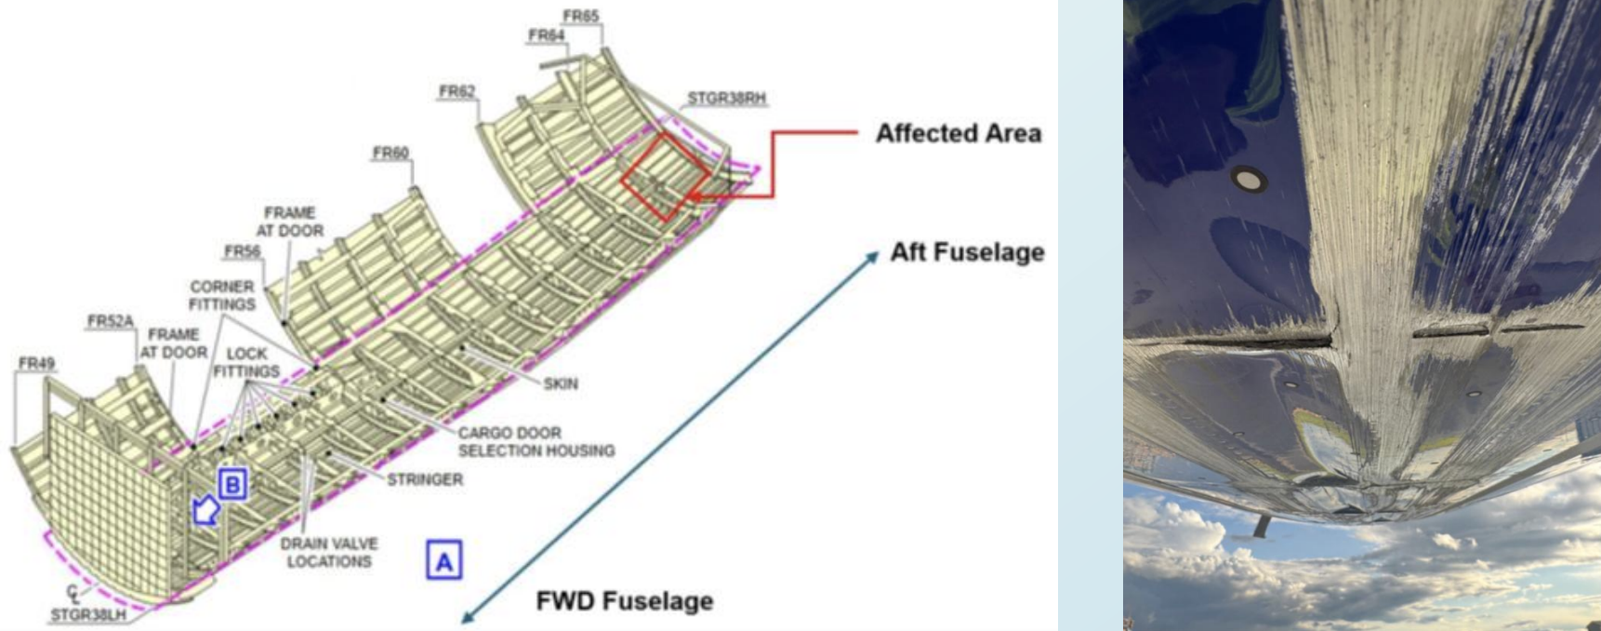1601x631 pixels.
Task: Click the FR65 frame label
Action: point(580,16)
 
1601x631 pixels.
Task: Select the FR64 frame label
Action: point(547,35)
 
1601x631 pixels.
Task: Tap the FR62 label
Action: point(456,91)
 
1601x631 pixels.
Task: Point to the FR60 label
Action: point(390,153)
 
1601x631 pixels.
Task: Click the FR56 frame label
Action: point(242,251)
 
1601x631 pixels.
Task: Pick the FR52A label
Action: point(111,321)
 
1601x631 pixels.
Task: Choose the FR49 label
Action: point(35,363)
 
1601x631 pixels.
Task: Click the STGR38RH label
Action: point(726,98)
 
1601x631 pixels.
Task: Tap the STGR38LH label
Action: point(87,614)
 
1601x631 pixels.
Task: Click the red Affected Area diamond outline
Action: point(666,176)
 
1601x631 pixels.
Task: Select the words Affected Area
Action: point(958,133)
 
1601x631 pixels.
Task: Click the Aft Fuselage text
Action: point(967,252)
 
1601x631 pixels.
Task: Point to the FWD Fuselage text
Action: point(624,601)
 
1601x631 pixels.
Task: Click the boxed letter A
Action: point(443,561)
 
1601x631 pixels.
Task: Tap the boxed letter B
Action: point(232,484)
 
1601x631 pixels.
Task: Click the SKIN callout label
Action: point(561,383)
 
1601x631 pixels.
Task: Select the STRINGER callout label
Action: point(425,479)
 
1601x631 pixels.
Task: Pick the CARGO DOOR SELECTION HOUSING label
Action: point(536,441)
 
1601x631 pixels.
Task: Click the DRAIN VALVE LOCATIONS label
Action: point(329,552)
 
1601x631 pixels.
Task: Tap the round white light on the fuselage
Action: point(1249,179)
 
